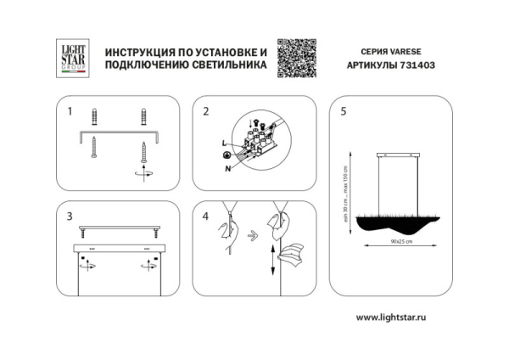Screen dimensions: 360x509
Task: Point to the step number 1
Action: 70,111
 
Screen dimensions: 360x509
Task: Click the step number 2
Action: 206,111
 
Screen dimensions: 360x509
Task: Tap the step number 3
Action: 70,217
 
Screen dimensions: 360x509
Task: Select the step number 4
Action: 206,217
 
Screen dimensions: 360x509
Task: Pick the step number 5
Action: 343,111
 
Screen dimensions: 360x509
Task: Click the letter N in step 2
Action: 227,168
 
